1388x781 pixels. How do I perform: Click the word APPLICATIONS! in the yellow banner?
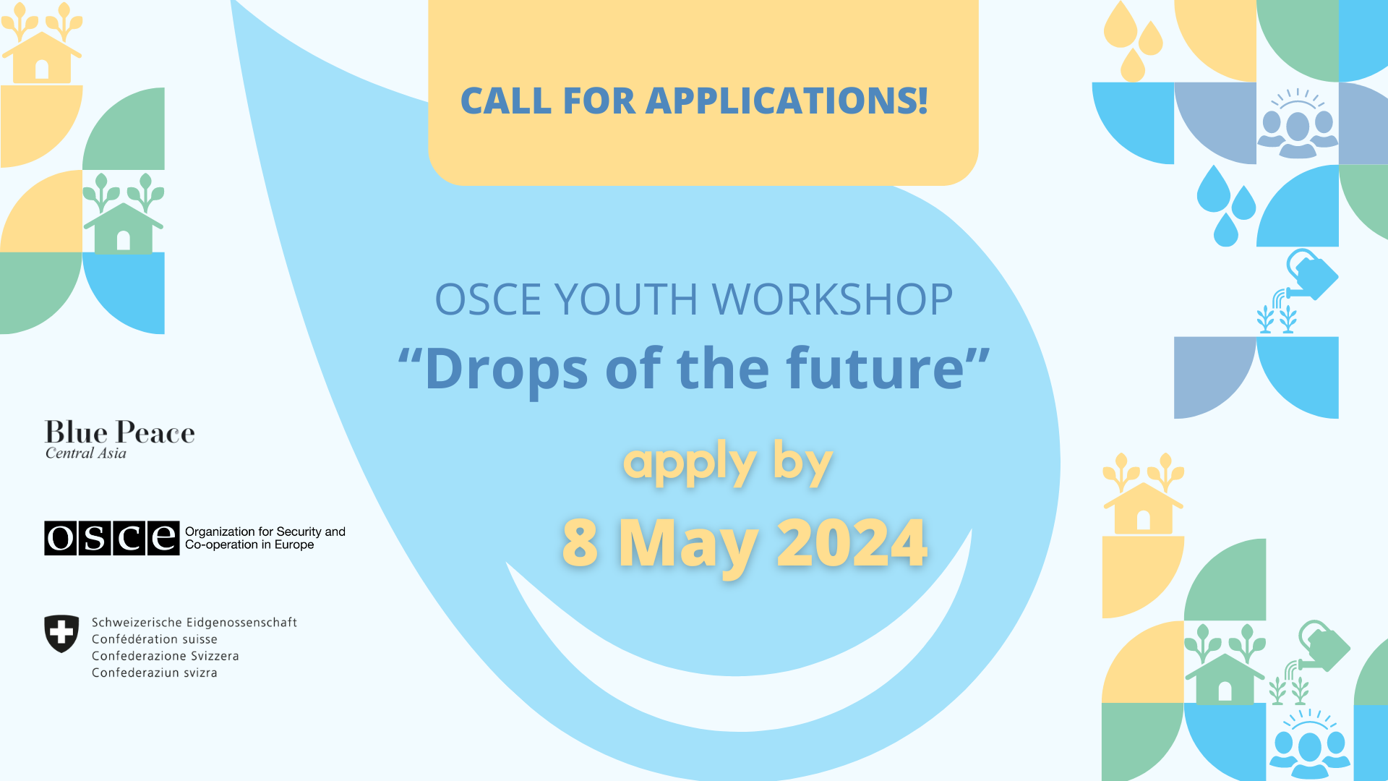(787, 101)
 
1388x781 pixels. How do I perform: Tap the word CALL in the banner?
(506, 101)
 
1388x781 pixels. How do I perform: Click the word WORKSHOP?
(833, 299)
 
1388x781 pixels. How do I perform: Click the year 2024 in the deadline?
(852, 542)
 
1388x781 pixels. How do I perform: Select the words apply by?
(728, 464)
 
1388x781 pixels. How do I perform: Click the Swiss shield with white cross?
(61, 633)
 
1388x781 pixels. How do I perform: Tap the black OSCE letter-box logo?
(111, 538)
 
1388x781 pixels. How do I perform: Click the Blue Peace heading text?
(120, 432)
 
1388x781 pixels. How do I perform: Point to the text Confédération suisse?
(155, 639)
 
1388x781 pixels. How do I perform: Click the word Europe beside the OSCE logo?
(294, 545)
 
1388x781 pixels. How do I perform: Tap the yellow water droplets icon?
(1132, 41)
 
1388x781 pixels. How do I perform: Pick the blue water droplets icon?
(1226, 206)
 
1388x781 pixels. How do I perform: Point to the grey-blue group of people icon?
(1298, 124)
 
